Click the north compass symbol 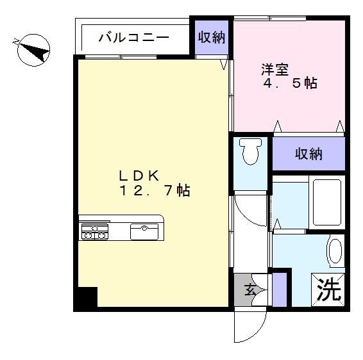tap(33, 50)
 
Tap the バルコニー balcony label tap(133, 37)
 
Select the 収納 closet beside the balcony tap(211, 37)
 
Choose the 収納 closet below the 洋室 tap(308, 154)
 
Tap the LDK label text tap(141, 174)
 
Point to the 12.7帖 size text tap(153, 190)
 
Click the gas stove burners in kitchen tap(94, 232)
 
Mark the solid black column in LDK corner tap(87, 298)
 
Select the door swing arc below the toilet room tap(249, 210)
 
